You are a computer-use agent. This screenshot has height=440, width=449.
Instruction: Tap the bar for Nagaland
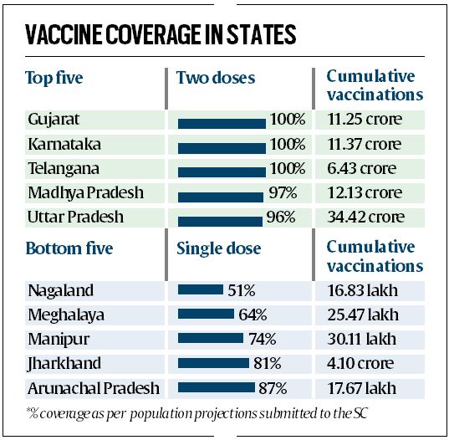pyautogui.click(x=200, y=292)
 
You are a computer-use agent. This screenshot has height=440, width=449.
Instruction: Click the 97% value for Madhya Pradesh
pyautogui.click(x=282, y=192)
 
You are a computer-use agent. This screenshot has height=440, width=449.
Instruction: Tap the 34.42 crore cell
pyautogui.click(x=365, y=217)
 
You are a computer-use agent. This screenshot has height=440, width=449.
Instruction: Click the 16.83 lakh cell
pyautogui.click(x=363, y=291)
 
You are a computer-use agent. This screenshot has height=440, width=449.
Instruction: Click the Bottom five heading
pyautogui.click(x=69, y=248)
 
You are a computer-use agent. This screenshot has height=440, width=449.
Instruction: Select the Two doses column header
pyautogui.click(x=216, y=78)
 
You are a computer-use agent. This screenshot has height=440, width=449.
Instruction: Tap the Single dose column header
pyautogui.click(x=219, y=248)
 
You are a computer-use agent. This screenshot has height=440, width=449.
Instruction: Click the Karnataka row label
pyautogui.click(x=60, y=144)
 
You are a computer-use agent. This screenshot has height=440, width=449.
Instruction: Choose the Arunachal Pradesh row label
pyautogui.click(x=93, y=388)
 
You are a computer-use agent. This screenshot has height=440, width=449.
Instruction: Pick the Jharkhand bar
pyautogui.click(x=213, y=364)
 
